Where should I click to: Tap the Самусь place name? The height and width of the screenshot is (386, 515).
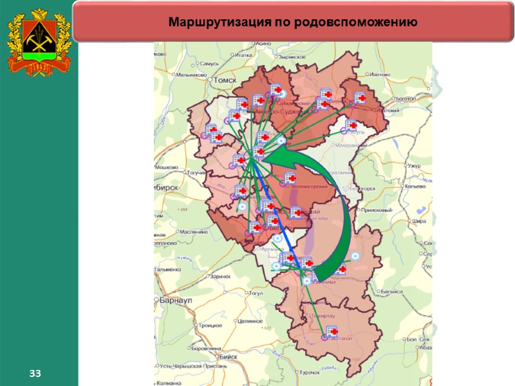coord(211,64)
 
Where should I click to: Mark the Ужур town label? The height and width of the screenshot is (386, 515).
coord(413,167)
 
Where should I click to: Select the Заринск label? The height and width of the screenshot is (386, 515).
coord(220,276)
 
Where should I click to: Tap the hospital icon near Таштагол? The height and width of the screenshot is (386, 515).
coord(332,332)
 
